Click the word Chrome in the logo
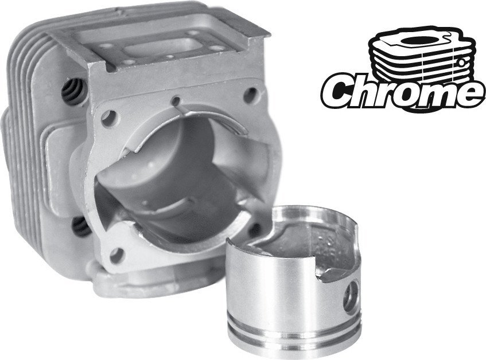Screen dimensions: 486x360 (402, 90)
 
